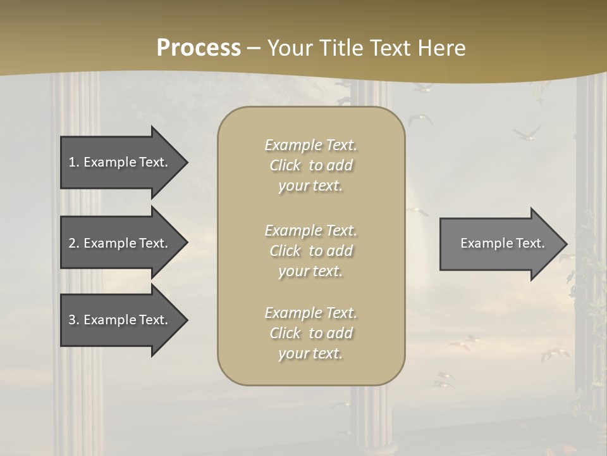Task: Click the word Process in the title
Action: pos(199,48)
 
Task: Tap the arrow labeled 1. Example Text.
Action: pos(120,162)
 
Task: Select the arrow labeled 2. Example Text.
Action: pos(120,243)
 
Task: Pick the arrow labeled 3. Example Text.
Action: pos(120,320)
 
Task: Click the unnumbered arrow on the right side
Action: pos(500,243)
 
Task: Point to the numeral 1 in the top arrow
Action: pos(72,162)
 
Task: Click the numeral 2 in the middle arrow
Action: pos(72,243)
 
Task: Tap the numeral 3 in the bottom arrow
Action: pos(72,320)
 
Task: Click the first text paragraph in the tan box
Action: pos(311,165)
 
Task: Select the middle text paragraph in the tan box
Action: pos(311,251)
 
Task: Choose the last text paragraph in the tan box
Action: pos(311,333)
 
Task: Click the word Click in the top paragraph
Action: pos(285,165)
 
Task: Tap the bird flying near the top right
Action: pos(527,133)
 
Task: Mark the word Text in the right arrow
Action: pos(531,243)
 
